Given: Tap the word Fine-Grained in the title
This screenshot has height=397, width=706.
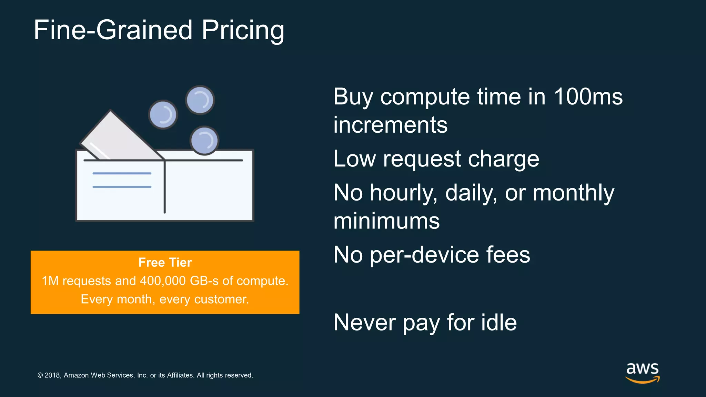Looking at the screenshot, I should pyautogui.click(x=113, y=30).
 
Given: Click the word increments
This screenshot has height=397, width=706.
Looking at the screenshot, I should pyautogui.click(x=390, y=125).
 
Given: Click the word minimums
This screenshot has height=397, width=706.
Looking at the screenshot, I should pyautogui.click(x=386, y=221).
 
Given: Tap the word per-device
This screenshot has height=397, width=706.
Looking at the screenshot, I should pyautogui.click(x=424, y=255).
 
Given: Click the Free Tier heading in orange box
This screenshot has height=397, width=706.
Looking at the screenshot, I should pyautogui.click(x=165, y=263).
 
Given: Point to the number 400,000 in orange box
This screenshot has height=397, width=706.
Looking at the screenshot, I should pyautogui.click(x=163, y=281).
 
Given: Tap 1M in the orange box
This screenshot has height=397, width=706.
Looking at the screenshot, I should pyautogui.click(x=50, y=281).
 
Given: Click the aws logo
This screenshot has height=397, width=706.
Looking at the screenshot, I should pyautogui.click(x=642, y=372).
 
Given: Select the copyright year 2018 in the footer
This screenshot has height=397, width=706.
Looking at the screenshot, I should pyautogui.click(x=52, y=375).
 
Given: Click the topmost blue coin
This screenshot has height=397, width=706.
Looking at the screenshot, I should pyautogui.click(x=200, y=100).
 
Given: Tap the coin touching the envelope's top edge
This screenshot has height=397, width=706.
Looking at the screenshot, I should pyautogui.click(x=204, y=140).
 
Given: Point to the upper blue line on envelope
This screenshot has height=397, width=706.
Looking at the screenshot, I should pyautogui.click(x=122, y=173).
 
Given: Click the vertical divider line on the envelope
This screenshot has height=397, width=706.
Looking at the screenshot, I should pyautogui.click(x=165, y=188).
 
